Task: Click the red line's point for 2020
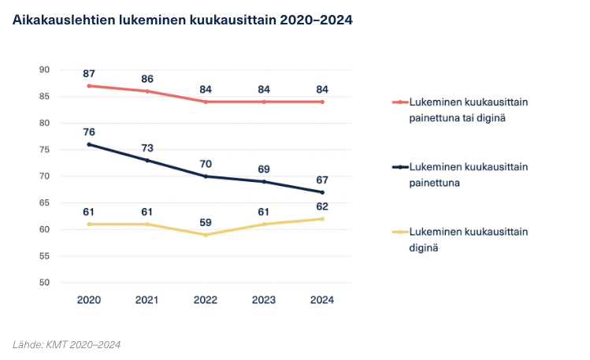pyautogui.click(x=89, y=85)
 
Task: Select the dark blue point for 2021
pyautogui.click(x=147, y=160)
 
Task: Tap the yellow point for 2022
pyautogui.click(x=206, y=235)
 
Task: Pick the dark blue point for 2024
pyautogui.click(x=323, y=192)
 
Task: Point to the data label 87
pyautogui.click(x=89, y=73)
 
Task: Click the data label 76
pyautogui.click(x=89, y=132)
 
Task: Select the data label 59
pyautogui.click(x=206, y=222)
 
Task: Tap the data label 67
pyautogui.click(x=323, y=180)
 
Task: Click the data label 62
pyautogui.click(x=323, y=206)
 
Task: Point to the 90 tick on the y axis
pyautogui.click(x=44, y=69)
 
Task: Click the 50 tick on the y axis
pyautogui.click(x=44, y=282)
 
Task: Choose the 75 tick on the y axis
pyautogui.click(x=44, y=150)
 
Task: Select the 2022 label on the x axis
pyautogui.click(x=206, y=300)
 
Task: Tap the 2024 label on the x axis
pyautogui.click(x=323, y=300)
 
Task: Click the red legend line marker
pyautogui.click(x=400, y=102)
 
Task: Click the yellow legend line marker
pyautogui.click(x=400, y=232)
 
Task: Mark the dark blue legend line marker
pyautogui.click(x=400, y=167)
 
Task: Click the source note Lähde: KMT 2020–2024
pyautogui.click(x=66, y=344)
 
